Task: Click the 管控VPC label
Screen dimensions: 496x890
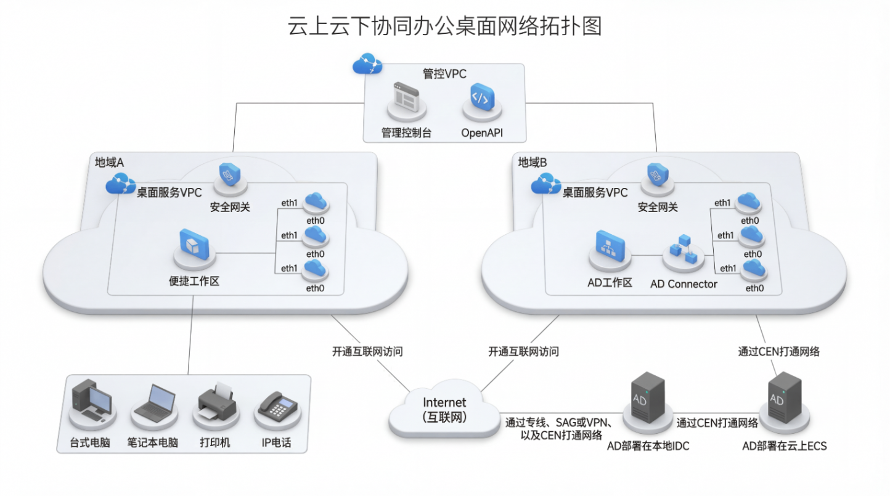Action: point(444,74)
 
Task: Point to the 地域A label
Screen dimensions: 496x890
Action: point(110,163)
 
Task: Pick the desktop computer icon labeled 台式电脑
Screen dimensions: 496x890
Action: point(91,401)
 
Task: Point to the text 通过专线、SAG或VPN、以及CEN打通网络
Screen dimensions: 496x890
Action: point(558,429)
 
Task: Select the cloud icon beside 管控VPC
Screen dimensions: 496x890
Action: point(367,63)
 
